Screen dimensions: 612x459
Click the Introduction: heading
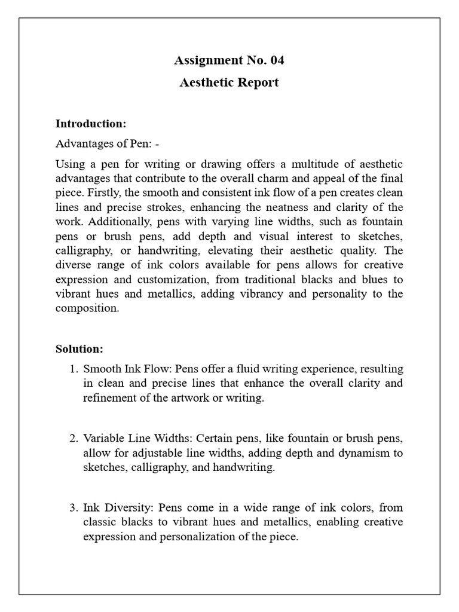click(x=91, y=124)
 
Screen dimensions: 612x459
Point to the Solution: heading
click(x=79, y=348)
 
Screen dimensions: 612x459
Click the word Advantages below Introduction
click(x=82, y=144)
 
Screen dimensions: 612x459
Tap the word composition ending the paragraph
click(x=87, y=308)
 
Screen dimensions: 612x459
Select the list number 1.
click(x=74, y=369)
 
